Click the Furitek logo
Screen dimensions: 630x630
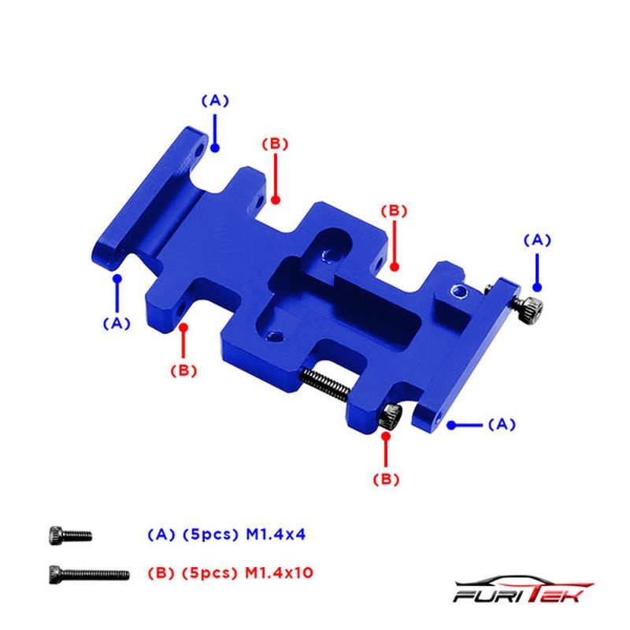click(523, 589)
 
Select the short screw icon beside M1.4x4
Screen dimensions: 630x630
click(70, 535)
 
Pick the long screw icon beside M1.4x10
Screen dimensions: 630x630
click(89, 574)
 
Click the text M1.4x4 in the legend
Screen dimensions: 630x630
click(276, 535)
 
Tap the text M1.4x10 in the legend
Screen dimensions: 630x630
click(279, 573)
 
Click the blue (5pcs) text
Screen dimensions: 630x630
click(208, 535)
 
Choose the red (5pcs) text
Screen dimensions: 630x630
click(207, 573)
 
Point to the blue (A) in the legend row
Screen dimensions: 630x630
click(161, 535)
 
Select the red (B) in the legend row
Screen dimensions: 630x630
click(161, 573)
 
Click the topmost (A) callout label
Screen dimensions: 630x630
click(215, 101)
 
